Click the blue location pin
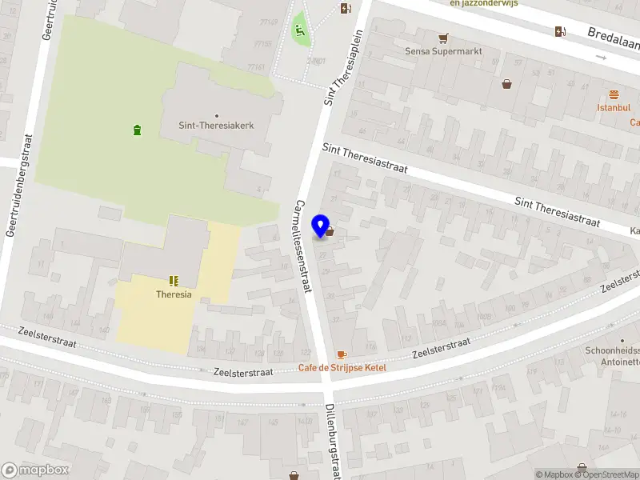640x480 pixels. coord(322,226)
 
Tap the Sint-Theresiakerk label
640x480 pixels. coord(216,125)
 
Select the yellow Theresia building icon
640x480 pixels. coord(174,281)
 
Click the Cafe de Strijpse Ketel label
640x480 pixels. coord(342,367)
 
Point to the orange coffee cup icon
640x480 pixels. coord(342,354)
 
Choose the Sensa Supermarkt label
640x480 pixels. coord(442,51)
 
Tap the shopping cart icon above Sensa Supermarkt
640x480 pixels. coord(442,38)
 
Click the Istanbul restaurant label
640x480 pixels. coord(614,107)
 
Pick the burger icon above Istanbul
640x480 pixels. coord(614,94)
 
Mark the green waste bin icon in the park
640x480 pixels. coord(137,129)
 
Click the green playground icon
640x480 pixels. coord(300,31)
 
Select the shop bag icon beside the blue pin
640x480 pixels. coord(330,231)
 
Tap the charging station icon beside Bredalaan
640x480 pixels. coord(560,31)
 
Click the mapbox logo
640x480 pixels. coord(35,470)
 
